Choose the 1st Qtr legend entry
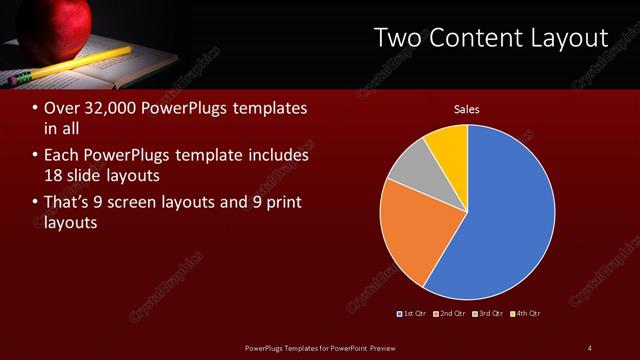(x=414, y=314)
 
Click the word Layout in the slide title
(x=569, y=38)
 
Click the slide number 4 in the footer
(x=589, y=347)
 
